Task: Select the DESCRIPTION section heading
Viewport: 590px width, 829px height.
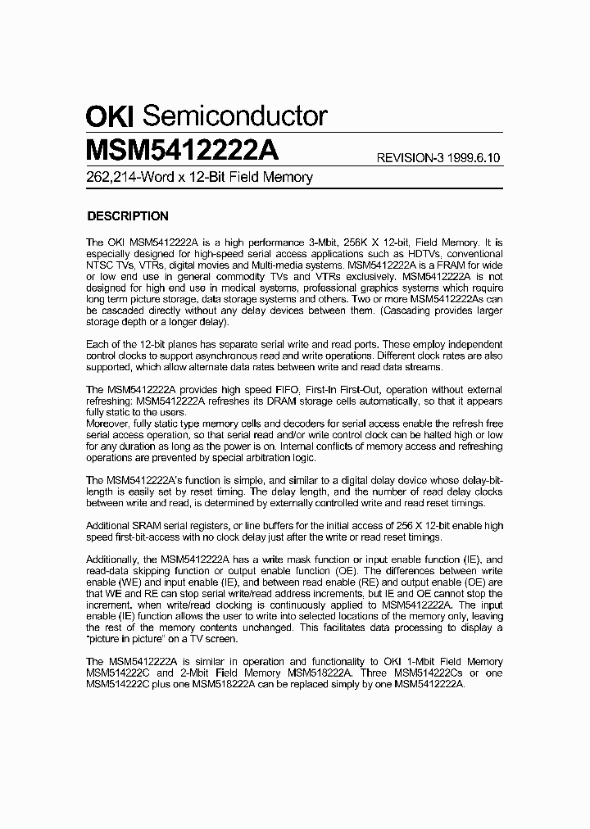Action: click(128, 216)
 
